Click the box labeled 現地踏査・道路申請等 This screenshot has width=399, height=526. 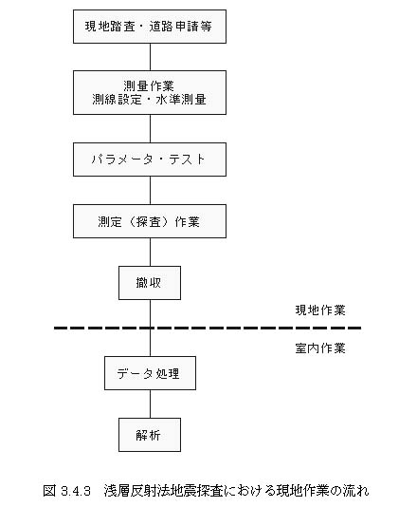click(x=150, y=27)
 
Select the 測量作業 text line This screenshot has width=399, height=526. click(x=149, y=85)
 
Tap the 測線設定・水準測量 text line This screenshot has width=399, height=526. click(x=149, y=100)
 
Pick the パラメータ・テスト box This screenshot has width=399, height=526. click(x=150, y=160)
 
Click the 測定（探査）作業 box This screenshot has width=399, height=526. click(x=150, y=221)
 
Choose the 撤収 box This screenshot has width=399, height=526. click(x=150, y=283)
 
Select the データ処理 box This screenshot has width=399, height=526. click(x=150, y=373)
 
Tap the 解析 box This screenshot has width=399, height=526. click(x=150, y=435)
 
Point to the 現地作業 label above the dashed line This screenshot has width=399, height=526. click(x=320, y=310)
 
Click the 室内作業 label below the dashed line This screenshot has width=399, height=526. click(x=320, y=348)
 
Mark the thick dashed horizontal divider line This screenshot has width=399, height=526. click(x=208, y=328)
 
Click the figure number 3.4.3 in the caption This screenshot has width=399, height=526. click(x=76, y=491)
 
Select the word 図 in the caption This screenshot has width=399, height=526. click(x=49, y=491)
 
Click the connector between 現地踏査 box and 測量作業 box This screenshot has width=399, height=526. click(x=150, y=57)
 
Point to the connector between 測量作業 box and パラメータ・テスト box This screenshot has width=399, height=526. click(x=150, y=128)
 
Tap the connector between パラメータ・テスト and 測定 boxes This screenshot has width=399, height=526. click(x=150, y=191)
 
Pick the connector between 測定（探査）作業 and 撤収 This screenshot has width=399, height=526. click(x=150, y=253)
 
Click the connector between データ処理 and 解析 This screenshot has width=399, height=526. click(x=150, y=404)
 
